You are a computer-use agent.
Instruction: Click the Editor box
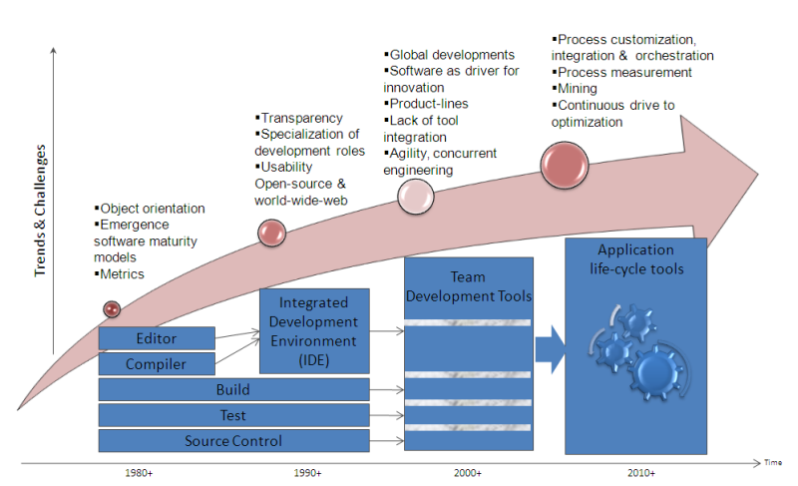coord(157,339)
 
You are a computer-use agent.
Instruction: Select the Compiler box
coord(157,364)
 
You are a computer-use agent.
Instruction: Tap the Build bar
coord(233,390)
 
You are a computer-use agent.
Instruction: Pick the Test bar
coord(233,415)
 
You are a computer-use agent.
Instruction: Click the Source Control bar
coord(233,441)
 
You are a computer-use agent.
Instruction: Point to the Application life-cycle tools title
coord(635,258)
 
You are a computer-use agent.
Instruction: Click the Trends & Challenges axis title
coord(41,210)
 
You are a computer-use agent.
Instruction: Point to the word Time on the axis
coord(774,463)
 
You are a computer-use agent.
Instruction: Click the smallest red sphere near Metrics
coord(112,309)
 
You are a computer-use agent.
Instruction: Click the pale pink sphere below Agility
coord(416,198)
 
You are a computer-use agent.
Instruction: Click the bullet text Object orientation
coord(153,209)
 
